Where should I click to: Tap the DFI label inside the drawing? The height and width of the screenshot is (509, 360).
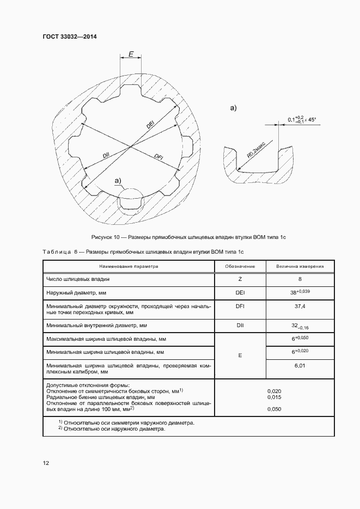coord(159,157)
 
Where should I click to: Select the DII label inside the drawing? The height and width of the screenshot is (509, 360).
coord(106,155)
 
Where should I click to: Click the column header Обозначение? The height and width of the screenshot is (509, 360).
coord(240,267)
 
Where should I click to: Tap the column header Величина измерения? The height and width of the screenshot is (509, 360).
coord(300,267)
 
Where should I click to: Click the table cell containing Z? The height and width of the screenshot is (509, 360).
coord(240,279)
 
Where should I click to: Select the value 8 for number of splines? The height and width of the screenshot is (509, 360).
coord(300,279)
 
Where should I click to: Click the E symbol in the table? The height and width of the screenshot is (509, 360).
coord(240,355)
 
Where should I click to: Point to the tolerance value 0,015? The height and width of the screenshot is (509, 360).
coord(274,397)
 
